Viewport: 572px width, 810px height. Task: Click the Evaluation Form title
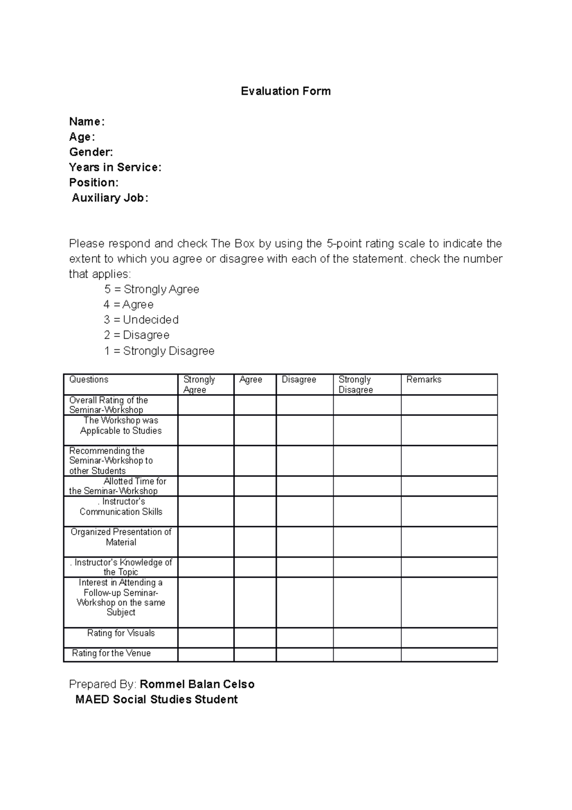point(286,91)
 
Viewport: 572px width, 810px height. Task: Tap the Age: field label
point(82,137)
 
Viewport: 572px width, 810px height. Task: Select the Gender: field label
point(91,152)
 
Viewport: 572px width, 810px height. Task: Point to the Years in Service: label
point(115,167)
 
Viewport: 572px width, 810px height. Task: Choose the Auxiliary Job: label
point(110,198)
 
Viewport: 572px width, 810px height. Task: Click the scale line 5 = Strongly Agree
point(152,289)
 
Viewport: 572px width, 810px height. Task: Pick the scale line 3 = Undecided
point(141,320)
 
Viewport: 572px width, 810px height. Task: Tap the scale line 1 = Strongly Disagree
point(159,351)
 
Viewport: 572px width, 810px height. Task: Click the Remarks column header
point(424,380)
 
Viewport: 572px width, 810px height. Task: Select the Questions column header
point(89,380)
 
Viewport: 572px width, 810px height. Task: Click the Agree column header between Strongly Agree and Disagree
point(251,380)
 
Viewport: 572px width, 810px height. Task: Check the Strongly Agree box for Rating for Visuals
point(206,637)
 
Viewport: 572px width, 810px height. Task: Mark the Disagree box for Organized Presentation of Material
point(305,541)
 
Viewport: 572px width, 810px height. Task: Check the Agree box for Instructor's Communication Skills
point(255,511)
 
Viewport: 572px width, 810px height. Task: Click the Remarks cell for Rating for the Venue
point(449,654)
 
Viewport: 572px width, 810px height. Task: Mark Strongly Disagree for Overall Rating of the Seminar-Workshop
point(367,405)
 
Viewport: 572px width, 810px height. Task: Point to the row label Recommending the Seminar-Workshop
point(111,460)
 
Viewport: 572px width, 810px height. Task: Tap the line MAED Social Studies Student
point(156,700)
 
